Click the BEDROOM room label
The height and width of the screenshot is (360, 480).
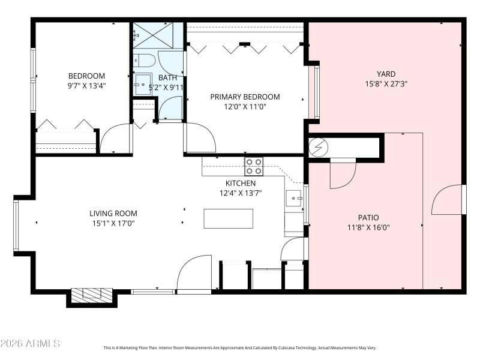(86, 76)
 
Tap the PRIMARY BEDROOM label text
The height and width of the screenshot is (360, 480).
(245, 97)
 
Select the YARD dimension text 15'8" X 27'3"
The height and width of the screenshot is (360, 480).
(386, 84)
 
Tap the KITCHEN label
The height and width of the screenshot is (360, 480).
(241, 183)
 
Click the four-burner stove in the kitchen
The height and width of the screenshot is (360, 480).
(253, 166)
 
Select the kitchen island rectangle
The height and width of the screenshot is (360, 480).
(228, 218)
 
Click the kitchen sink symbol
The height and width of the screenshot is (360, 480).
(293, 197)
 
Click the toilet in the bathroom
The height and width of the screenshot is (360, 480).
(142, 60)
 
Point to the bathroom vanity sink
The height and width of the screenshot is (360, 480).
(143, 83)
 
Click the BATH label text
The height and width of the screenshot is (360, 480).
(167, 78)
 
